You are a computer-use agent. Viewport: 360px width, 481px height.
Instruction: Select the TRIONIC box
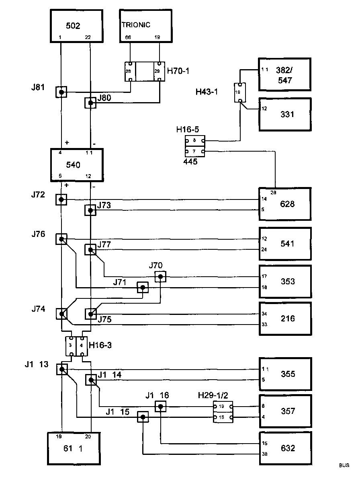coord(145,26)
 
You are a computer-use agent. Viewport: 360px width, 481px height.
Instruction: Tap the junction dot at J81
coord(61,92)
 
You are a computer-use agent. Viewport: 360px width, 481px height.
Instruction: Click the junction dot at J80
coord(90,103)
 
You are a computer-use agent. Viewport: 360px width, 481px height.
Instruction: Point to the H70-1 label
coord(178,71)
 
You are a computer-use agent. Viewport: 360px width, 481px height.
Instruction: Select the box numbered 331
coord(284,114)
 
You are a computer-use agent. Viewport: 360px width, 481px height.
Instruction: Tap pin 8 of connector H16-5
coord(194,141)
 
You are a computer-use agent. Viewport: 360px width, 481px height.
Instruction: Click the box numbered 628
coord(284,204)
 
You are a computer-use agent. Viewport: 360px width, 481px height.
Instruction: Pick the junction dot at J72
coord(61,199)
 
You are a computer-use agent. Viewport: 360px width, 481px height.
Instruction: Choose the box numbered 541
coord(284,244)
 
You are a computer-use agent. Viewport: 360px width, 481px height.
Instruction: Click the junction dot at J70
coord(160,277)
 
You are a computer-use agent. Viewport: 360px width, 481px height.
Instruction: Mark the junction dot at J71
coord(142,288)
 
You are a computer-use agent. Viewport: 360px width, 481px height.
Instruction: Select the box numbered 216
coord(284,319)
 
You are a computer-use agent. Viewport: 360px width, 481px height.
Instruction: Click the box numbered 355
coord(284,374)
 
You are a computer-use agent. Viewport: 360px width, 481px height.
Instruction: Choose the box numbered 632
coord(284,448)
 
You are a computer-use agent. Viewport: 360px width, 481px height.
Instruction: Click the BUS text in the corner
coord(344,465)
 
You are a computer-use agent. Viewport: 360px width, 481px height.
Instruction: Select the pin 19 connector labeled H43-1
coord(238,92)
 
